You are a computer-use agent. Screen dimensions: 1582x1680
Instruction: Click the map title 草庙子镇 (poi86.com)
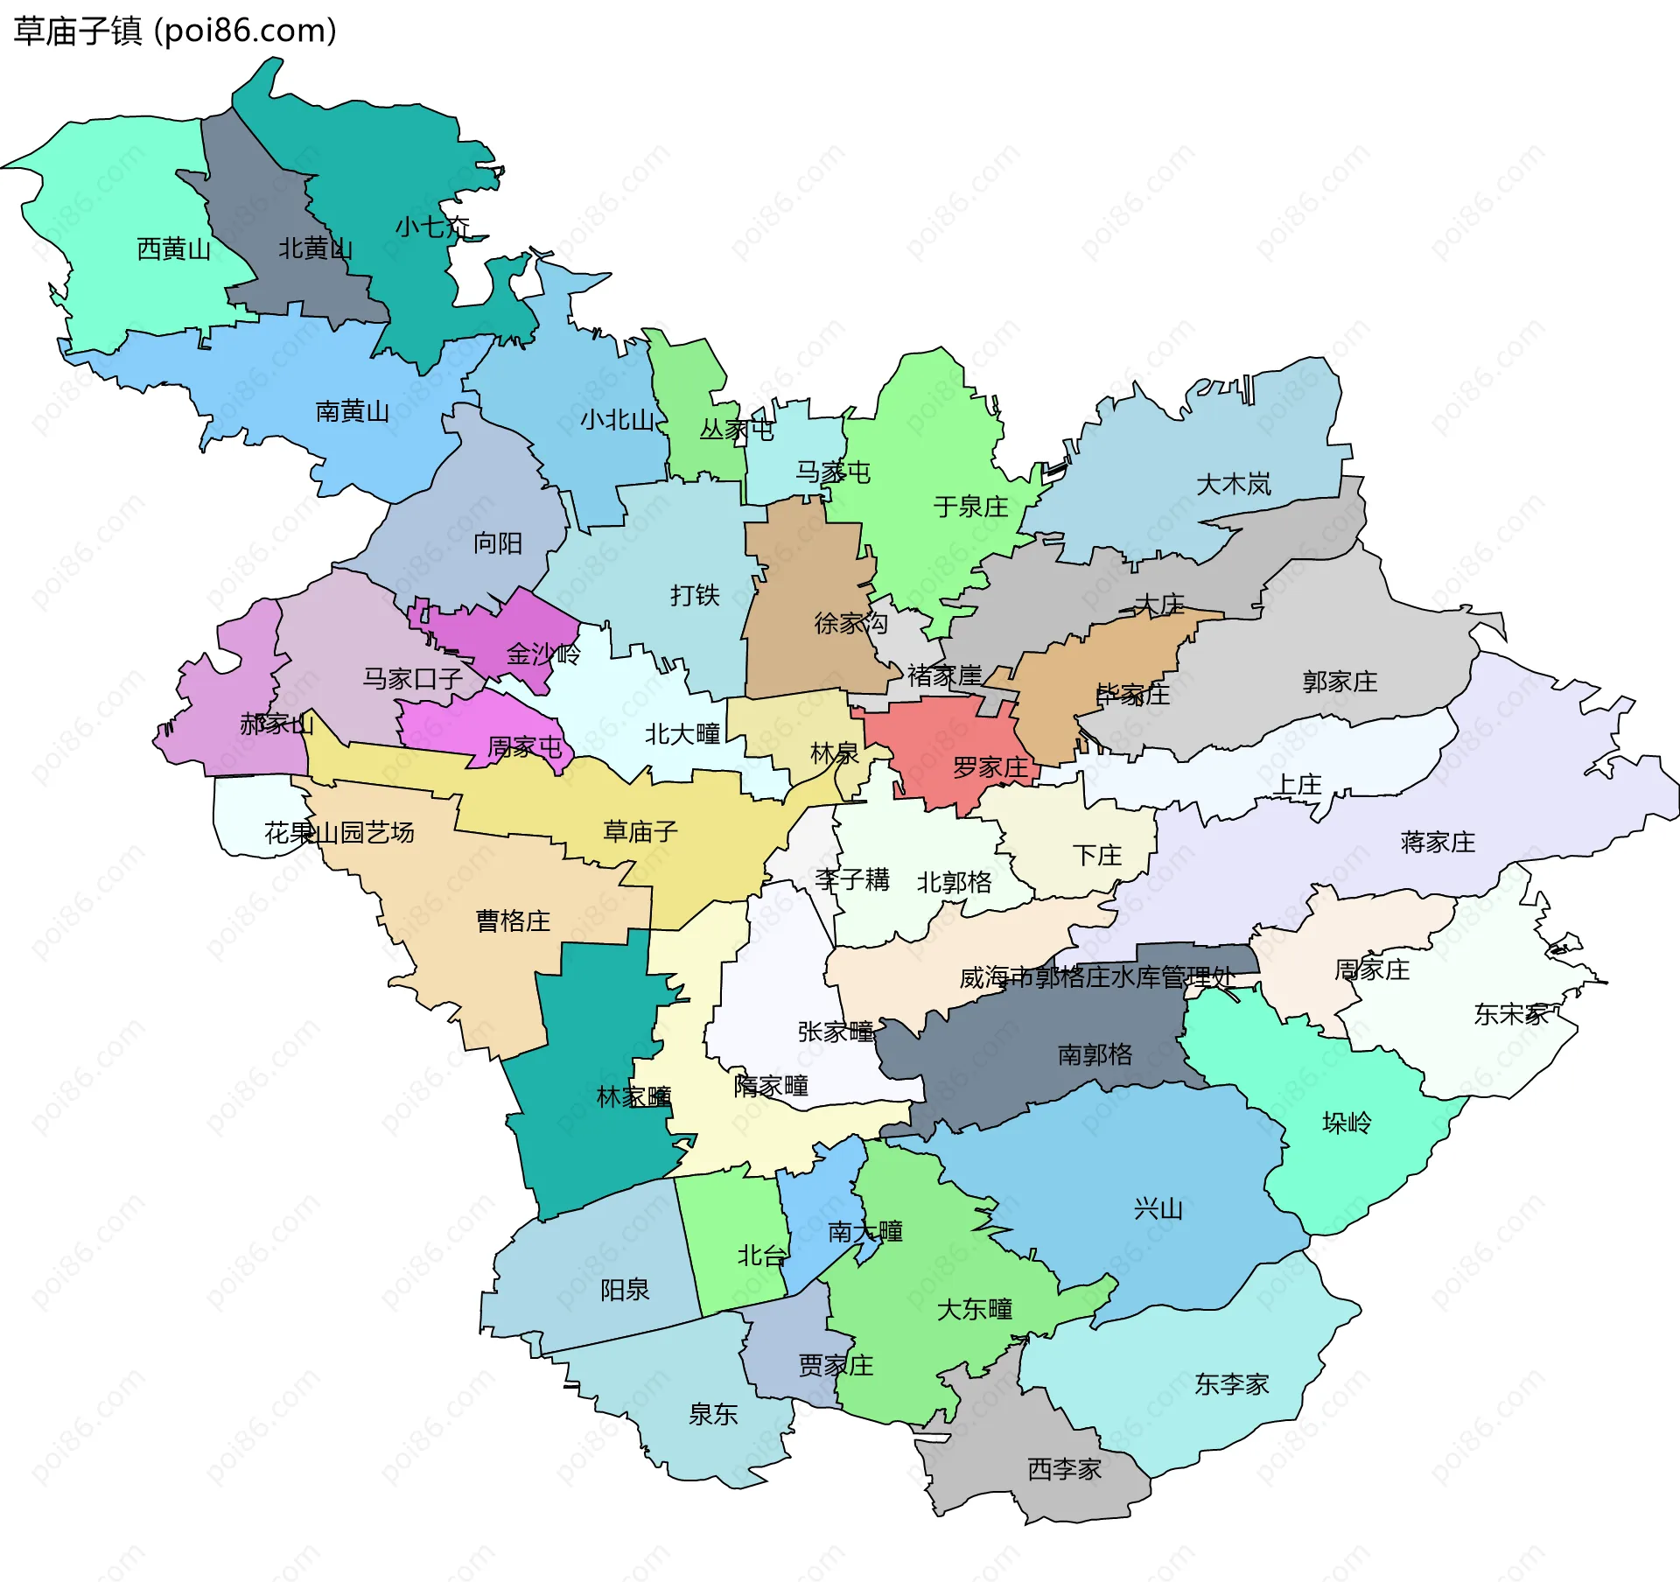(175, 31)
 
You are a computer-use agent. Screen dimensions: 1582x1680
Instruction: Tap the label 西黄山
(174, 249)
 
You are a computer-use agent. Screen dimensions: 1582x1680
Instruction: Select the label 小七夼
(432, 227)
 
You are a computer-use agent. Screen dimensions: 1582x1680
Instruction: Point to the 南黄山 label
(352, 411)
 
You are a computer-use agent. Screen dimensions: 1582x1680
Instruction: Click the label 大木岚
(1233, 484)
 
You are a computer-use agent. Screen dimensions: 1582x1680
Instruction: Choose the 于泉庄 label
(970, 507)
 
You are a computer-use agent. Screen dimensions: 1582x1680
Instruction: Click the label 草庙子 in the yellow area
(640, 831)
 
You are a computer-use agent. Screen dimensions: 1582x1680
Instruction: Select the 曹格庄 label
(513, 920)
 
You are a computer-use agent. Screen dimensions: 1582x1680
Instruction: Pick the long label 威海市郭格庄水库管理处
(1097, 977)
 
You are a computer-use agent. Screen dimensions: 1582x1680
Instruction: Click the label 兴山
(1158, 1209)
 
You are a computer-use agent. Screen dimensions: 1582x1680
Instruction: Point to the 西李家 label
(1064, 1469)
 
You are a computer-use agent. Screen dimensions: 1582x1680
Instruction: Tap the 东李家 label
(1231, 1384)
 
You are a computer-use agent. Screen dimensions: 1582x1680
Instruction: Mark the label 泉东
(712, 1414)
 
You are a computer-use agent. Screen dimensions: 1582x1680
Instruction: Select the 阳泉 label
(625, 1290)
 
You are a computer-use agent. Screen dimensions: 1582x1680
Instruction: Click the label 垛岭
(1347, 1123)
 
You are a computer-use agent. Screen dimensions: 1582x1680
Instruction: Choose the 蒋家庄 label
(1438, 843)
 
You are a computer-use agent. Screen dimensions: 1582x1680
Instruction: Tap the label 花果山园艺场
(339, 832)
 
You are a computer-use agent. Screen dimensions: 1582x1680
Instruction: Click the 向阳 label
(497, 543)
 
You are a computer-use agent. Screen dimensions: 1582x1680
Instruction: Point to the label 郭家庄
(1340, 682)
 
